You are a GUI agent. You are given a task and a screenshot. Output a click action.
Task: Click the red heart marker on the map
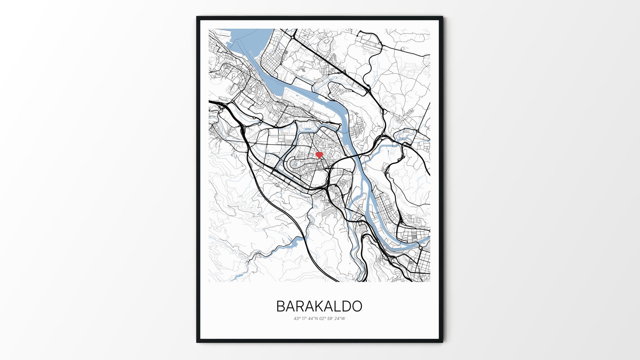coord(319,155)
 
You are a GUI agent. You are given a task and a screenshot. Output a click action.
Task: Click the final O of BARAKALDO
coord(357,306)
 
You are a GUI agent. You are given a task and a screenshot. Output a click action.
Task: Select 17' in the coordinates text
coord(304,319)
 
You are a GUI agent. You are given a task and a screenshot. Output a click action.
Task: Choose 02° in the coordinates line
coord(323,319)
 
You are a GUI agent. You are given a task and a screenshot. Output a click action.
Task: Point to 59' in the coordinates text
coord(330,319)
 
